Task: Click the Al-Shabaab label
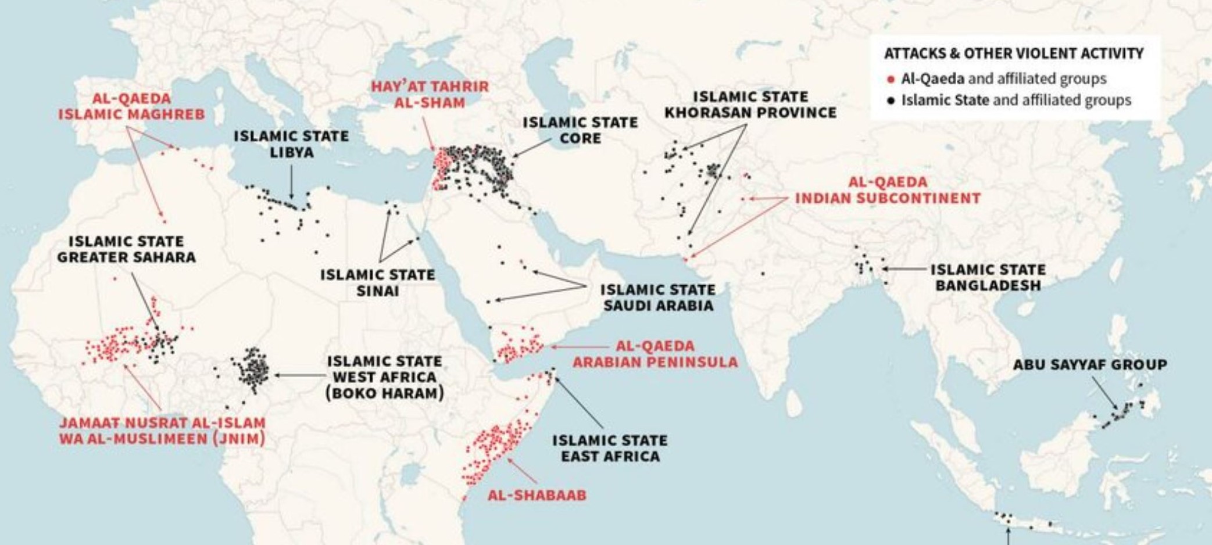click(537, 496)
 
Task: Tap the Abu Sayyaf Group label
click(1089, 365)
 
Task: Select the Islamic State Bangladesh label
click(988, 278)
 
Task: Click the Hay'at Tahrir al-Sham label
click(430, 95)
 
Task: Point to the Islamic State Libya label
click(291, 144)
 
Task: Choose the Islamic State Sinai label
click(377, 282)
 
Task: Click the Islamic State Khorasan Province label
click(750, 105)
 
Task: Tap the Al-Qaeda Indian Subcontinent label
click(887, 190)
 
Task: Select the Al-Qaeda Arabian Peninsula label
click(655, 354)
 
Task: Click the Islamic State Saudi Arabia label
click(657, 297)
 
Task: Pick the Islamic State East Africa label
click(610, 449)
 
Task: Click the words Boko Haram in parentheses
click(385, 393)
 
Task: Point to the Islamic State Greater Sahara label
click(126, 249)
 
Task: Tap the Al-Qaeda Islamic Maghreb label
click(131, 106)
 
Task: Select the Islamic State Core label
click(580, 130)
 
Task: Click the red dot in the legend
click(891, 79)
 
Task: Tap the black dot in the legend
click(891, 101)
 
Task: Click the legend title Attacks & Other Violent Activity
click(1013, 53)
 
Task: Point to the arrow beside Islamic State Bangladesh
click(904, 269)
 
